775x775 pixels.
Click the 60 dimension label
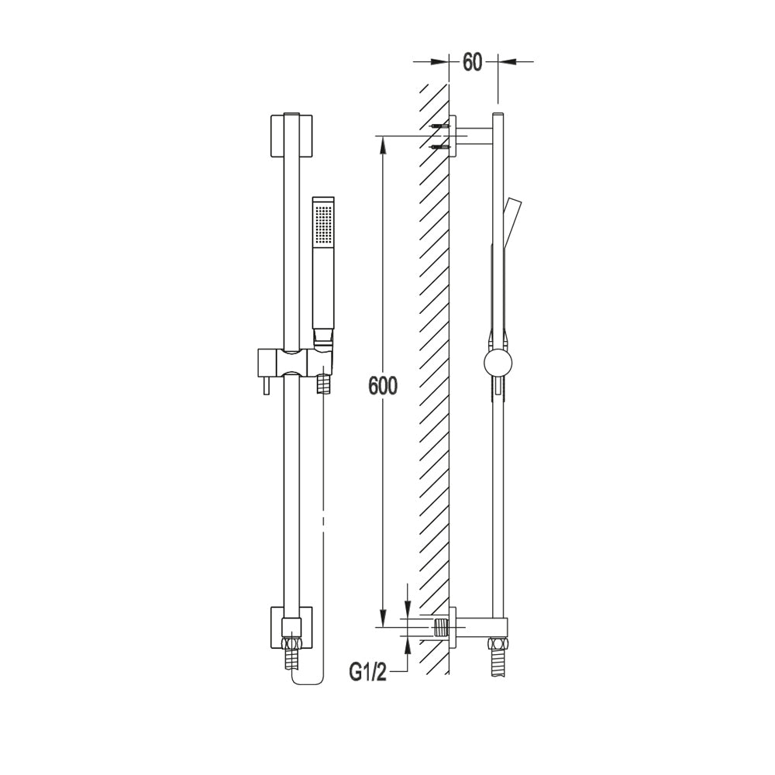(x=472, y=62)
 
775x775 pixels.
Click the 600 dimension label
(x=383, y=385)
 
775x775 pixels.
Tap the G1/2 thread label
(x=367, y=673)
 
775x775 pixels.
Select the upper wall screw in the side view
(x=440, y=126)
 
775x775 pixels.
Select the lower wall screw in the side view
(x=440, y=146)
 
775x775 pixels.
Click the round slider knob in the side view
(x=498, y=363)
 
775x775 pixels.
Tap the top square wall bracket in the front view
(x=291, y=136)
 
